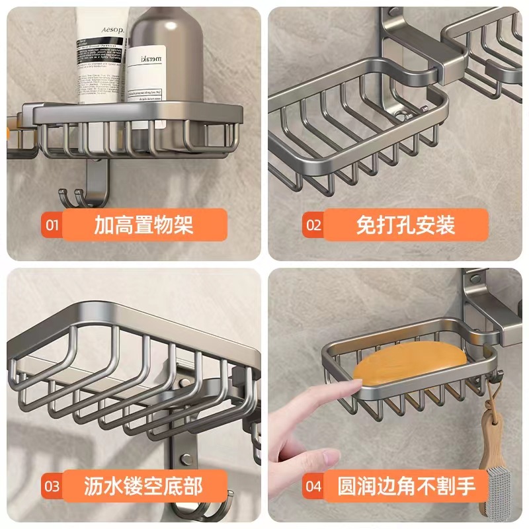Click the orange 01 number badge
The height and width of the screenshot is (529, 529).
[x=52, y=225]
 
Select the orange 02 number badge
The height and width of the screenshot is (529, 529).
[x=313, y=225]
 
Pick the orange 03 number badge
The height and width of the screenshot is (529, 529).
[x=52, y=488]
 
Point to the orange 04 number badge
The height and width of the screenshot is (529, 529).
[x=313, y=488]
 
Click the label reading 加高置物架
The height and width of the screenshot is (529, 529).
[x=143, y=225]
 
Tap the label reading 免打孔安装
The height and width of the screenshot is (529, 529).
[x=405, y=225]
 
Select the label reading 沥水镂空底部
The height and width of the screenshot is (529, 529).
[x=143, y=488]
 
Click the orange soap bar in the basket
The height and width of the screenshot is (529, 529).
[x=410, y=364]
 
